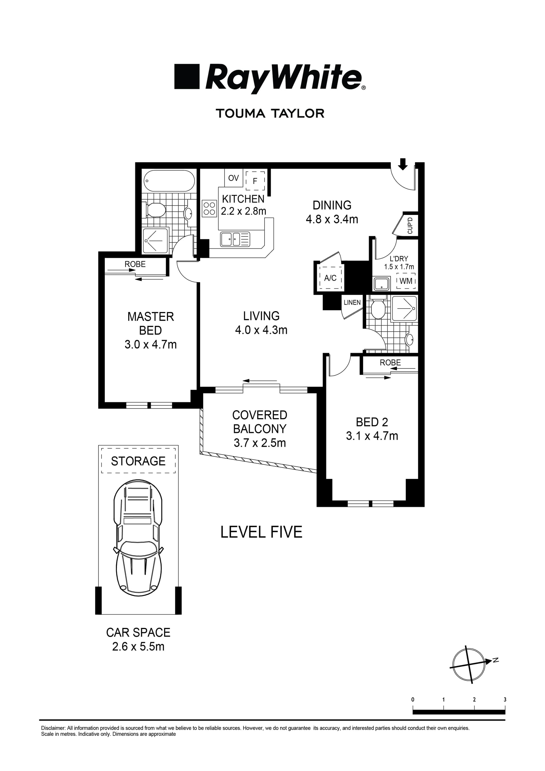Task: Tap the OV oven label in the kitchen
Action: (x=233, y=178)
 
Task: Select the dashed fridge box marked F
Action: (x=255, y=181)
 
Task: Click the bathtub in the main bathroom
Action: (x=169, y=181)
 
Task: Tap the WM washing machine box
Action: (x=406, y=281)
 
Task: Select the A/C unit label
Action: (x=330, y=278)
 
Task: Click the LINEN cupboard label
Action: (x=352, y=303)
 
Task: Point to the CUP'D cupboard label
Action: (x=410, y=226)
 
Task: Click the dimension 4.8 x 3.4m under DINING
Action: (x=332, y=219)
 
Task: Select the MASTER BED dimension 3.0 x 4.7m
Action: (x=150, y=345)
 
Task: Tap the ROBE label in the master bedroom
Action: (x=135, y=264)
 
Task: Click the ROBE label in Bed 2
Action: (x=390, y=363)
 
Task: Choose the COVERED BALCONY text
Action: (x=259, y=422)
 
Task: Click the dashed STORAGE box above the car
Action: (x=138, y=461)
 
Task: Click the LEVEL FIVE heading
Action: (x=261, y=532)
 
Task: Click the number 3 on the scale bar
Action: (x=505, y=699)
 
